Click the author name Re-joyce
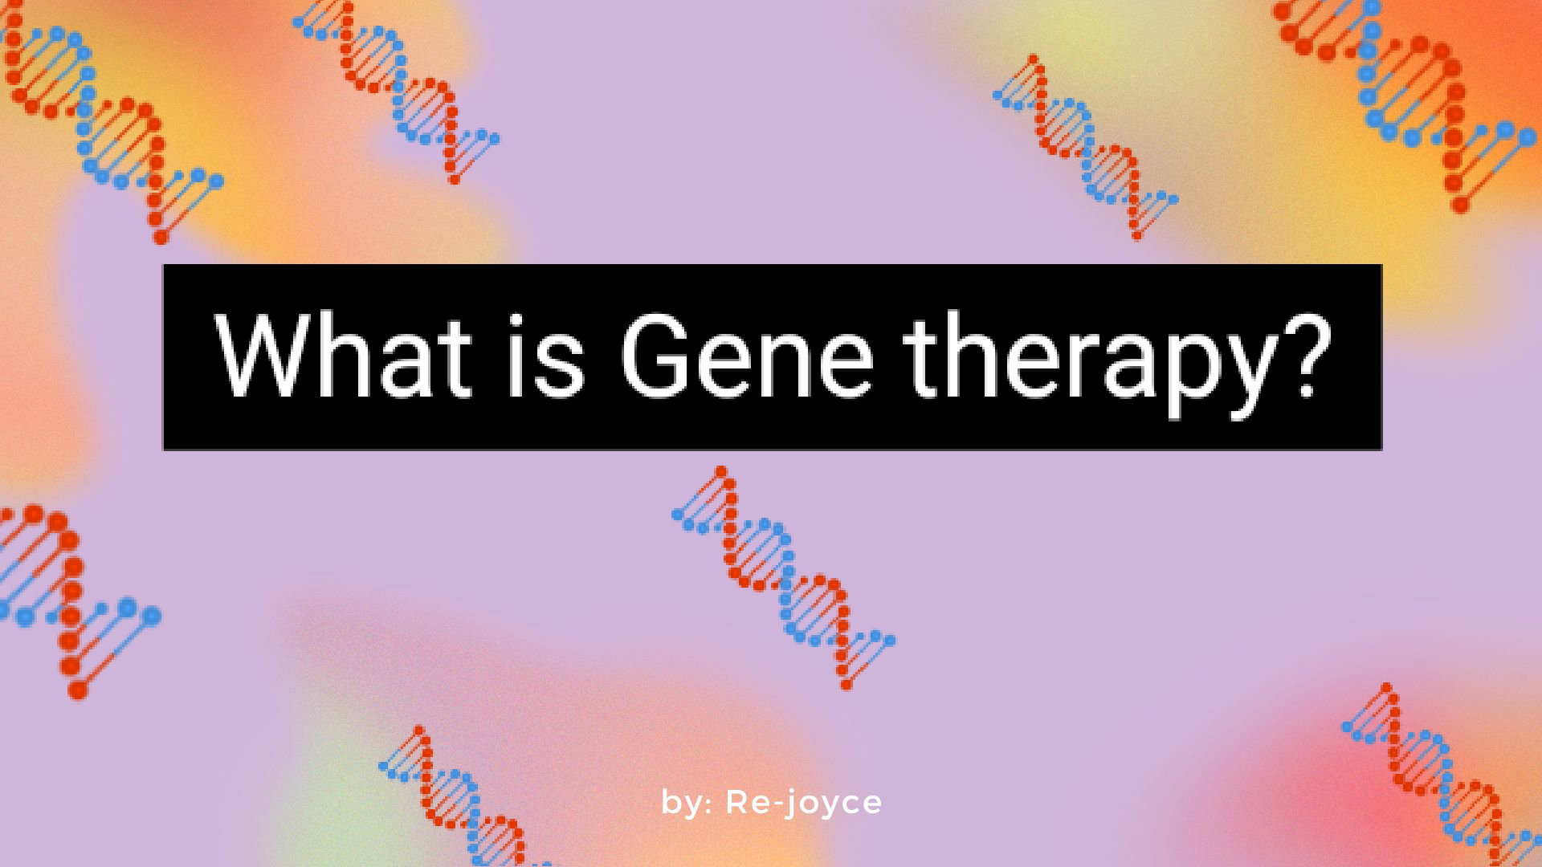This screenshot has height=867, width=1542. (x=804, y=803)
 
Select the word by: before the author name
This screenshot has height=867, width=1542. (x=687, y=803)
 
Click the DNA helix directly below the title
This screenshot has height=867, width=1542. (x=783, y=577)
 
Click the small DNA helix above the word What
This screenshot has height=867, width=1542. (x=396, y=90)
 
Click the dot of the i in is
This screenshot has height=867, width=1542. (x=519, y=320)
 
